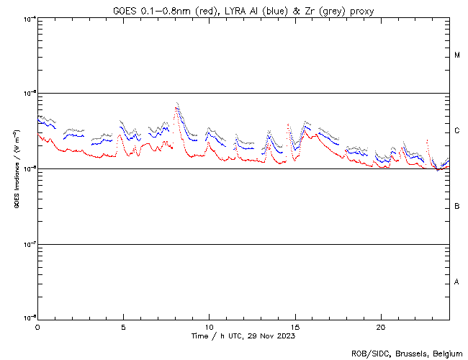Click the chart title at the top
pyautogui.click(x=243, y=10)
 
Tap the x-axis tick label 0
pyautogui.click(x=37, y=326)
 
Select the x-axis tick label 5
pyautogui.click(x=123, y=326)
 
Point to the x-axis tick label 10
pyautogui.click(x=209, y=326)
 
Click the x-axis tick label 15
pyautogui.click(x=294, y=326)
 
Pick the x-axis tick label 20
pyautogui.click(x=380, y=326)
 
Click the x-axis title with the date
pyautogui.click(x=243, y=336)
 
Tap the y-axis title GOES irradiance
pyautogui.click(x=16, y=169)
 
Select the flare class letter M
pyautogui.click(x=457, y=55)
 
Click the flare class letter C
pyautogui.click(x=457, y=131)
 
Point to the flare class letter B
pyautogui.click(x=457, y=207)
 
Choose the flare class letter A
pyautogui.click(x=457, y=282)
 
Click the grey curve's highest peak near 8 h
pyautogui.click(x=176, y=102)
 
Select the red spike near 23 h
pyautogui.click(x=428, y=141)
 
